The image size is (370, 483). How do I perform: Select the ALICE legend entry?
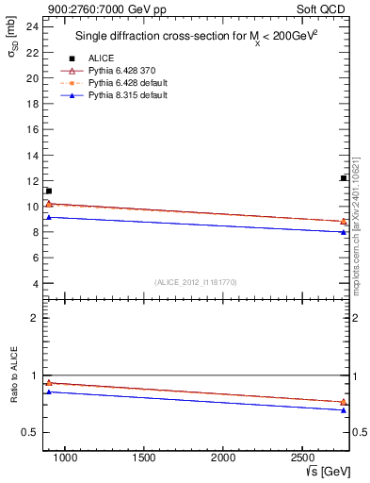tap(101, 58)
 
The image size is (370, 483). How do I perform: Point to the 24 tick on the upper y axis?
tap(32, 26)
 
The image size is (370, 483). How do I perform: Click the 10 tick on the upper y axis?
tap(32, 206)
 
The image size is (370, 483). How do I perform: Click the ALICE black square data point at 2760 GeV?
tap(344, 178)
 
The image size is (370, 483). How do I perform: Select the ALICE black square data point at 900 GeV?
tap(49, 191)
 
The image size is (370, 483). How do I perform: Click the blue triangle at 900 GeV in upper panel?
tap(49, 218)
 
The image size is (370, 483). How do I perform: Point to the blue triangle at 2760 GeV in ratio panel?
tap(344, 409)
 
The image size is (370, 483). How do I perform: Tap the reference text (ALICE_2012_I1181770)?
tap(196, 281)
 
